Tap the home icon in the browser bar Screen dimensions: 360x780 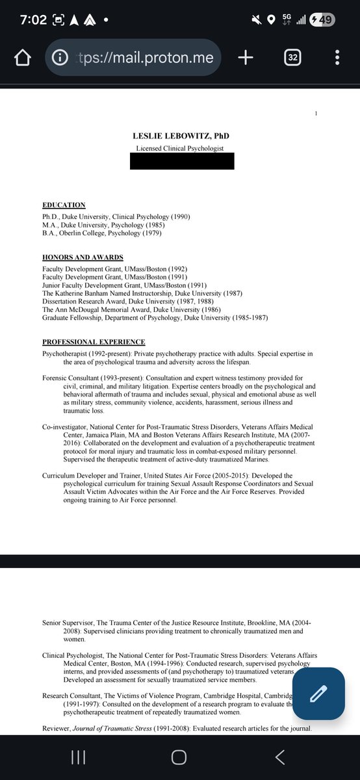(22, 58)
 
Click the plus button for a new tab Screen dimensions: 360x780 (245, 58)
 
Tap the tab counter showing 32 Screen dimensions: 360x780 (293, 58)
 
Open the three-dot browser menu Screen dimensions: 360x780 (337, 58)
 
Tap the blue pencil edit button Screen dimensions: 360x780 (318, 694)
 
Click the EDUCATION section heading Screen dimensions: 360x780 (64, 205)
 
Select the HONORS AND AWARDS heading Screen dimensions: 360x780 (83, 257)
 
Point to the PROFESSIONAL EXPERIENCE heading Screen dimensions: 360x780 (94, 342)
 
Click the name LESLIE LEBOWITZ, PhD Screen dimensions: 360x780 (180, 136)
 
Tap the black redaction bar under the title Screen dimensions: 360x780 (181, 161)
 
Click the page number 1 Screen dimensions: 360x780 (315, 114)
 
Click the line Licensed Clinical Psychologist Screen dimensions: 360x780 (180, 148)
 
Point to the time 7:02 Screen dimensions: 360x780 (32, 19)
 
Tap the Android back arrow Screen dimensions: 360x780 (280, 757)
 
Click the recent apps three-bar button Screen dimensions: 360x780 (78, 757)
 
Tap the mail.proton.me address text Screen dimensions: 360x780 (146, 58)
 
